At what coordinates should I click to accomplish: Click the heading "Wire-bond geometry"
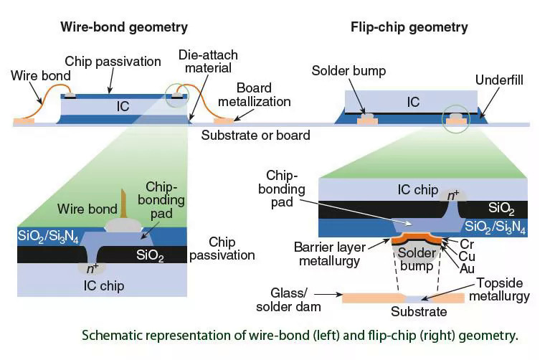[x=124, y=27]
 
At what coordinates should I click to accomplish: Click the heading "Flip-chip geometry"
[x=409, y=27]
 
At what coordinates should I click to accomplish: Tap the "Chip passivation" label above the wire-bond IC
[x=113, y=62]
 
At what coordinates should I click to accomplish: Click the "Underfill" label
[x=500, y=80]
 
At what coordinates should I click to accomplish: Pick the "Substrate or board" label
[x=255, y=135]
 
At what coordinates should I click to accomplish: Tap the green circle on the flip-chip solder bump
[x=456, y=118]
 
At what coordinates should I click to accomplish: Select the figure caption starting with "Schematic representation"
[x=300, y=335]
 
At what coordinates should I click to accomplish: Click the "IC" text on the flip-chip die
[x=413, y=103]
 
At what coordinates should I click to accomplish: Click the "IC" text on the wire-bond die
[x=123, y=106]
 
